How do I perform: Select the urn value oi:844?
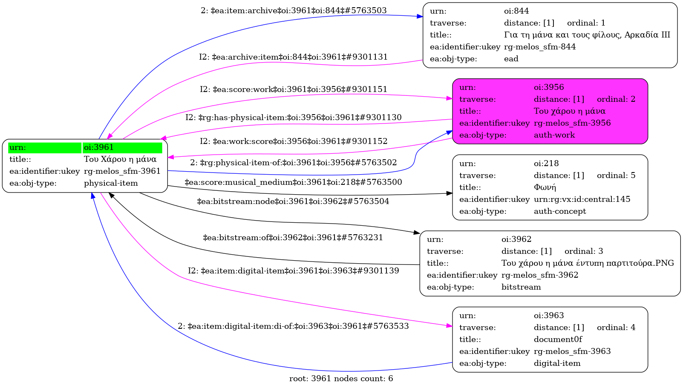(x=516, y=11)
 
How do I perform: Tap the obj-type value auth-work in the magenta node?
(x=554, y=135)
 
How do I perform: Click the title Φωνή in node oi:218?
(x=545, y=187)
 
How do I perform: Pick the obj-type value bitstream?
(x=521, y=287)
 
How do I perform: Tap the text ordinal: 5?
(x=616, y=175)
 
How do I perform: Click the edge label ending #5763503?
(x=294, y=11)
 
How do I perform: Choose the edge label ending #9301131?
(x=293, y=57)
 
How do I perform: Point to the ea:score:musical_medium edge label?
(x=293, y=182)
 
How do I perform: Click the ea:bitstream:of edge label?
(x=293, y=237)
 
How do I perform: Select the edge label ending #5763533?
(x=293, y=326)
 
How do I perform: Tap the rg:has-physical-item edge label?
(x=293, y=118)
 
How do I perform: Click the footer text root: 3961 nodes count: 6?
(x=341, y=379)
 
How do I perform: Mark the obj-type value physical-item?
(x=111, y=183)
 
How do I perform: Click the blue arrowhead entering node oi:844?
(x=420, y=17)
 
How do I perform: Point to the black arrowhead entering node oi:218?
(x=450, y=193)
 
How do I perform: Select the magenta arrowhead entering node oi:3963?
(x=450, y=326)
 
